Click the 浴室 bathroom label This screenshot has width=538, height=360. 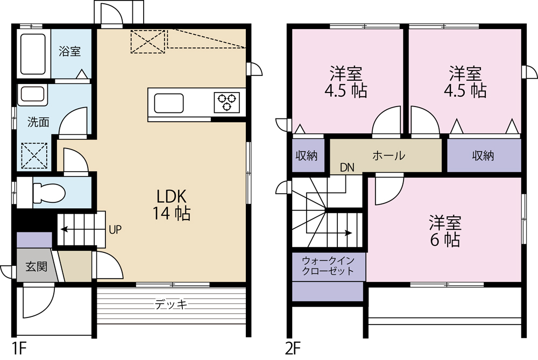[x=70, y=52]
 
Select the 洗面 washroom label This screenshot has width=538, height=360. [x=38, y=122]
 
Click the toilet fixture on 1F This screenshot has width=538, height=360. [x=48, y=192]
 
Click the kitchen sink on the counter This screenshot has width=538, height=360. [x=169, y=102]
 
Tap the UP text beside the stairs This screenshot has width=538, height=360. [x=115, y=230]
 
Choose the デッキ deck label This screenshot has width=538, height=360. [x=171, y=305]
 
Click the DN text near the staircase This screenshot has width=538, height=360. [x=347, y=167]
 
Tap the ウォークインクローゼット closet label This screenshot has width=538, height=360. [x=328, y=265]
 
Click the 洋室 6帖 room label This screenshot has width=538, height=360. [x=444, y=230]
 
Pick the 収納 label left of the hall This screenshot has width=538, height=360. [x=307, y=156]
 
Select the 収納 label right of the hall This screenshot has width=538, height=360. [x=483, y=156]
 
